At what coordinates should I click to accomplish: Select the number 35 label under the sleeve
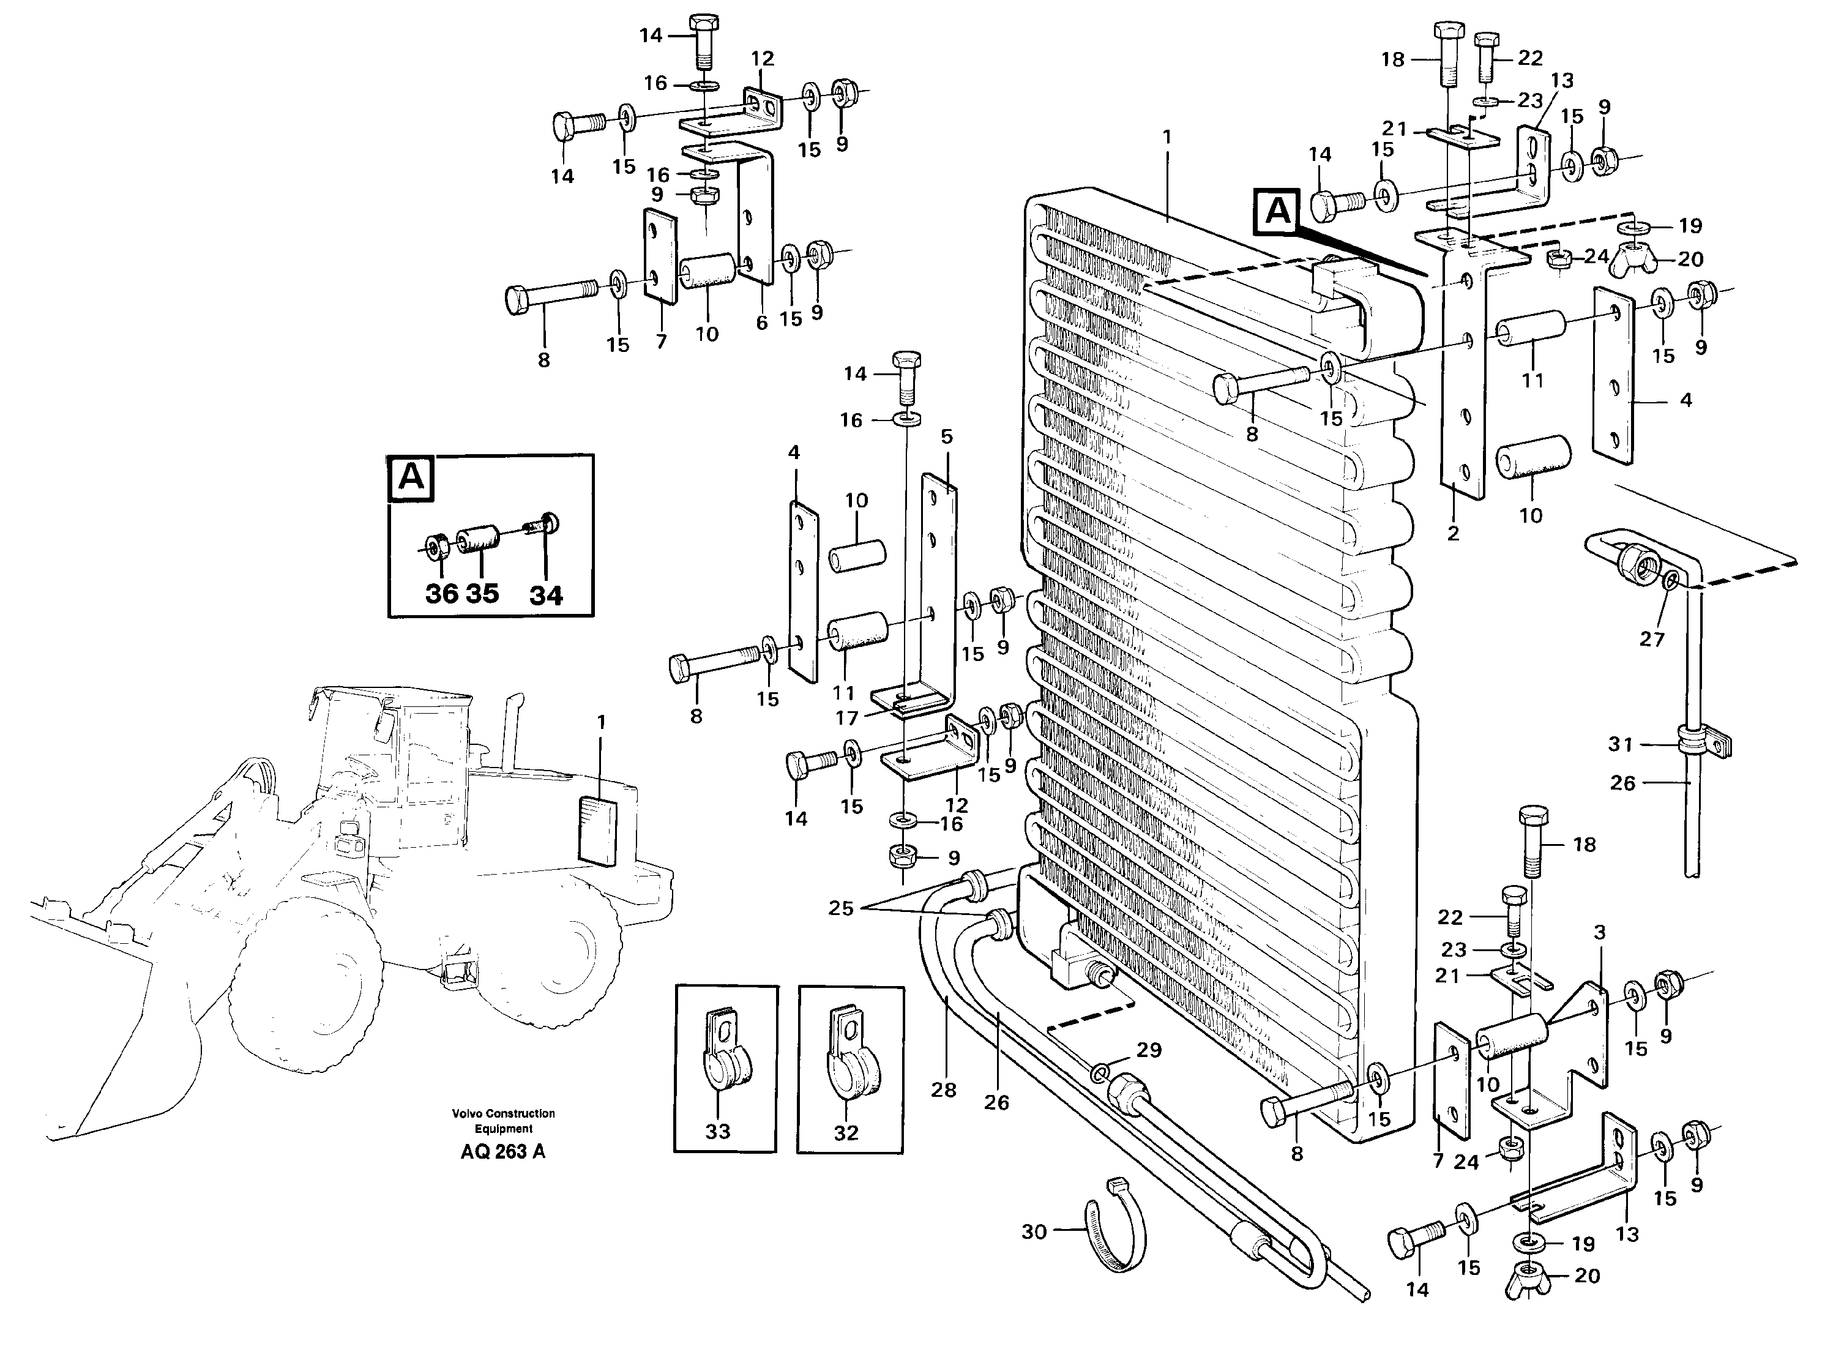point(482,593)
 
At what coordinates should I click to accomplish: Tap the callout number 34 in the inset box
point(545,596)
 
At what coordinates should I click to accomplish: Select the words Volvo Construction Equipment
point(503,1121)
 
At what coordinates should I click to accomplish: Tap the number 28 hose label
point(943,1089)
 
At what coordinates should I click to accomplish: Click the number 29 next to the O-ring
point(1149,1050)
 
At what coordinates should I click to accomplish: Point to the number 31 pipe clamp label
point(1620,744)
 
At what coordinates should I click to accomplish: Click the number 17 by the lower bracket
point(846,718)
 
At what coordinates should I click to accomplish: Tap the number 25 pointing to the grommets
point(840,908)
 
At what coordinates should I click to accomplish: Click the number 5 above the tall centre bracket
point(946,437)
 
